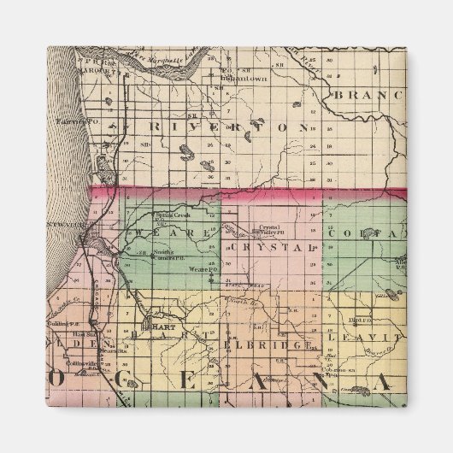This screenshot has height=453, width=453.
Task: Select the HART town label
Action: click(162, 326)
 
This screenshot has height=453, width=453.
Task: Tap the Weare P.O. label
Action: click(197, 268)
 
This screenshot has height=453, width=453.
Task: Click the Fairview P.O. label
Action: click(70, 121)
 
